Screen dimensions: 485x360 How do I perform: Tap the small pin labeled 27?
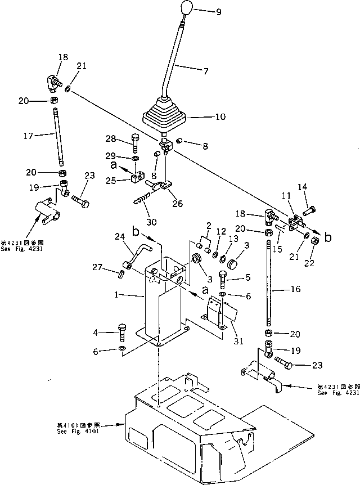pyautogui.click(x=121, y=274)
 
